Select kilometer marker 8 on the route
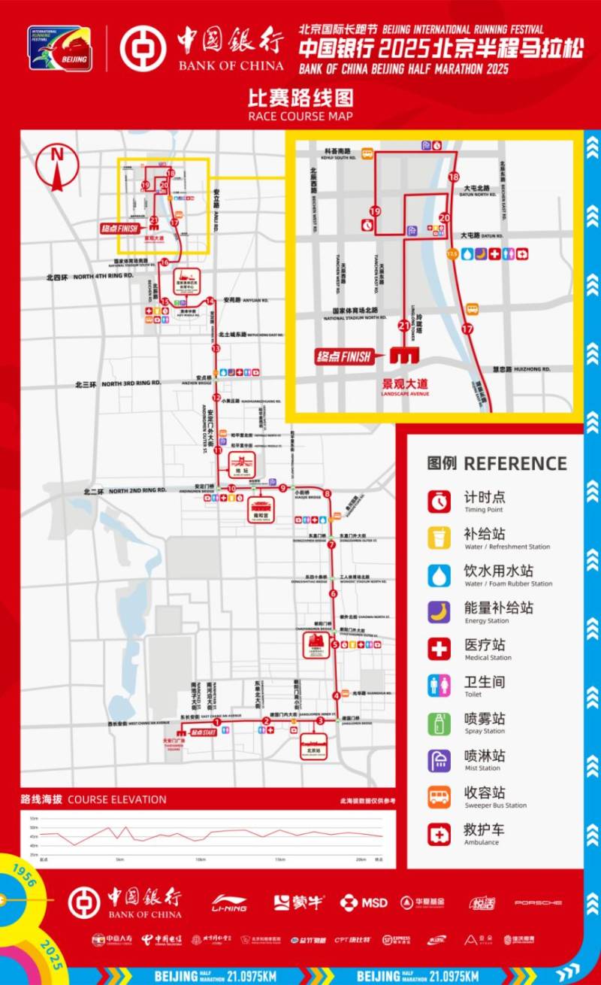328,493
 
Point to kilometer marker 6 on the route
333,594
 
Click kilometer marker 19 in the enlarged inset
374,212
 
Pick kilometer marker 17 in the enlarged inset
468,329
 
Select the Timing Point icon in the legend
439,501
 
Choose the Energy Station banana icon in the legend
439,611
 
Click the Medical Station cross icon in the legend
439,648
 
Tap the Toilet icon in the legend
439,685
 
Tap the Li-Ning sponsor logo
229,902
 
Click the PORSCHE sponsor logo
538,902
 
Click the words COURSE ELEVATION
116,799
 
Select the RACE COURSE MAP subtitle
300,117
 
